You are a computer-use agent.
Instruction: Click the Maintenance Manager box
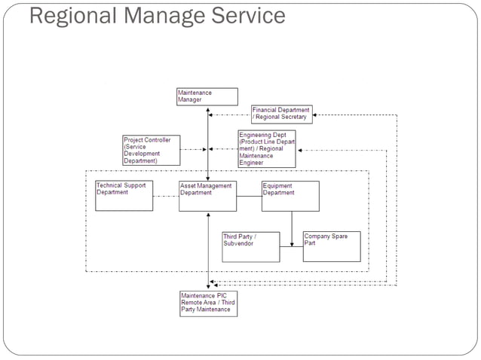(x=207, y=96)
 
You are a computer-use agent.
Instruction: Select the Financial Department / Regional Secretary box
(x=280, y=114)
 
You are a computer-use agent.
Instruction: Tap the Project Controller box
(x=152, y=150)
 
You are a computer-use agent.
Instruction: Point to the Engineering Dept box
(x=267, y=148)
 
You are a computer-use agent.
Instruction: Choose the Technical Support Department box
(x=124, y=196)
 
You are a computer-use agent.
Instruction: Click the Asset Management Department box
(x=207, y=196)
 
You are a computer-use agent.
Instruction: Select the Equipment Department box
(x=290, y=196)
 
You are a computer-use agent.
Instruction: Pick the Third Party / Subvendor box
(x=250, y=246)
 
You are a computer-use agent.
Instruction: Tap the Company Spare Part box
(x=332, y=246)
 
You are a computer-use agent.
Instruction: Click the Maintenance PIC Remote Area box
(x=207, y=303)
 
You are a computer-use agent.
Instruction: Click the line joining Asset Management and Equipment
(x=249, y=197)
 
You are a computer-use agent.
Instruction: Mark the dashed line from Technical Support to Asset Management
(x=165, y=197)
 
